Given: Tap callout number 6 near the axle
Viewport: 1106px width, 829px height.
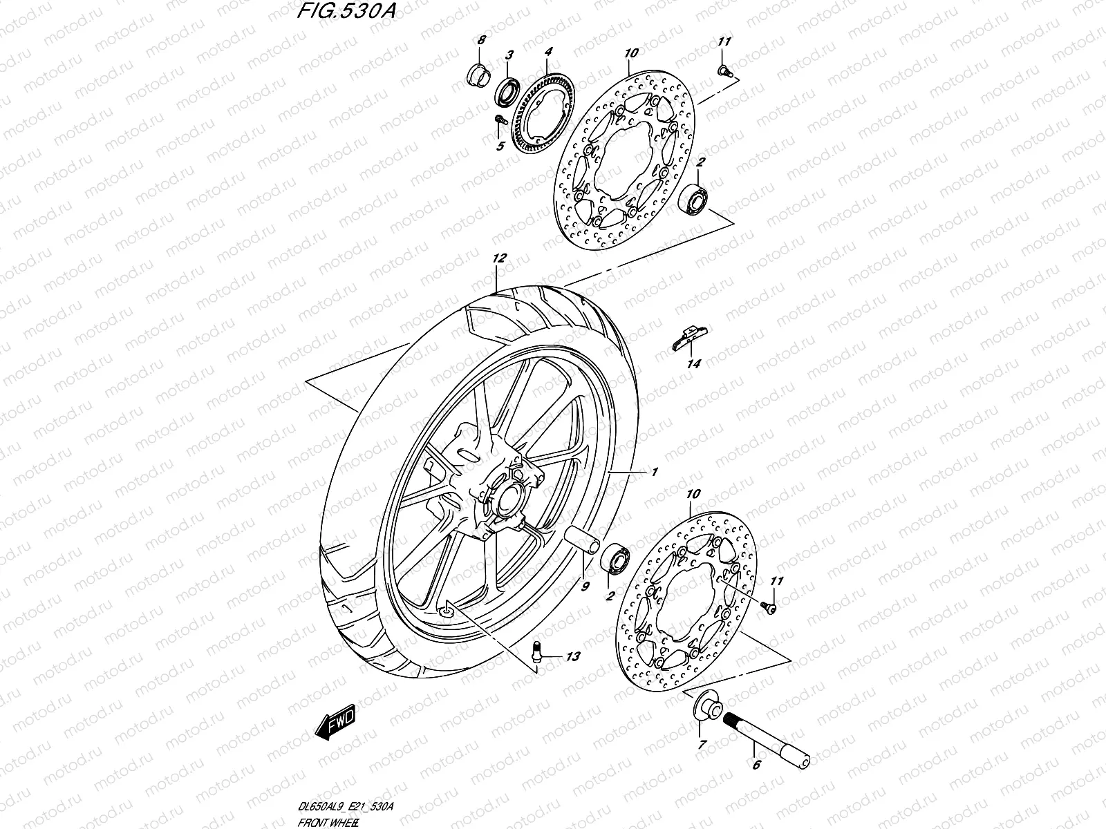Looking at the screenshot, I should click(756, 765).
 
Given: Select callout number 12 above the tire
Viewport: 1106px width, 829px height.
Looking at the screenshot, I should click(499, 258).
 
